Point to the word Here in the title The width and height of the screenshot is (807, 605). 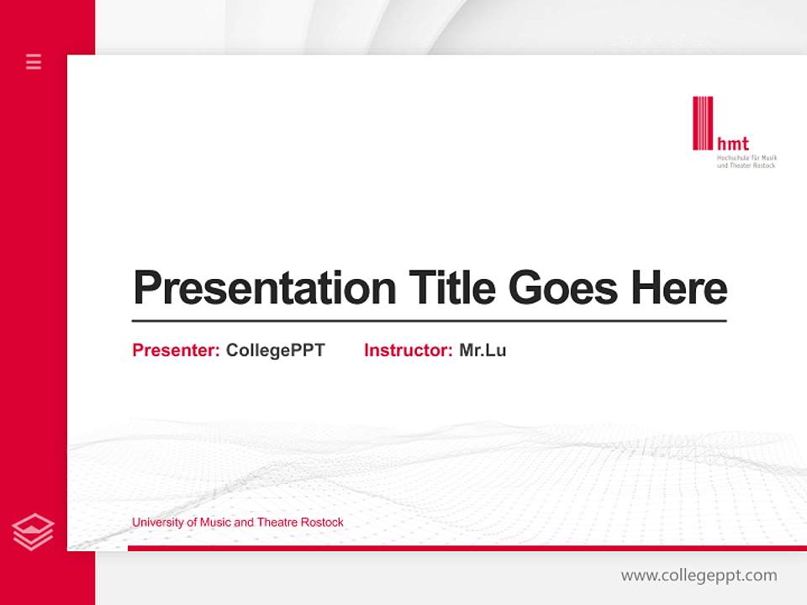[x=679, y=288]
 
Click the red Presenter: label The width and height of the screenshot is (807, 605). [x=176, y=350]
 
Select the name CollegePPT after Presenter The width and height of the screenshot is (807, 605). [x=275, y=350]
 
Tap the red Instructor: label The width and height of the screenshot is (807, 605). [x=408, y=350]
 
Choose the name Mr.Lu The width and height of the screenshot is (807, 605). [x=483, y=350]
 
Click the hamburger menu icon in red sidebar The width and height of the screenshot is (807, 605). [x=34, y=61]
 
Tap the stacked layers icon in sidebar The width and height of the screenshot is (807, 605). [x=34, y=532]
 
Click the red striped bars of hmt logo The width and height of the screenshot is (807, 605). [x=703, y=124]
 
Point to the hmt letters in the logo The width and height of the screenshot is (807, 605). [x=732, y=144]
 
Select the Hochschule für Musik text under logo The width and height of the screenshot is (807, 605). [x=746, y=158]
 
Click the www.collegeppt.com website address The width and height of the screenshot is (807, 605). [x=699, y=576]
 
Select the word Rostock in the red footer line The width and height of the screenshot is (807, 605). [x=323, y=523]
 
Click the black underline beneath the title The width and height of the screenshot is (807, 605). [x=429, y=320]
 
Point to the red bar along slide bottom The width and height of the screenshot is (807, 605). [x=467, y=548]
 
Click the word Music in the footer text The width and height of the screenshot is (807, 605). [x=216, y=523]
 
